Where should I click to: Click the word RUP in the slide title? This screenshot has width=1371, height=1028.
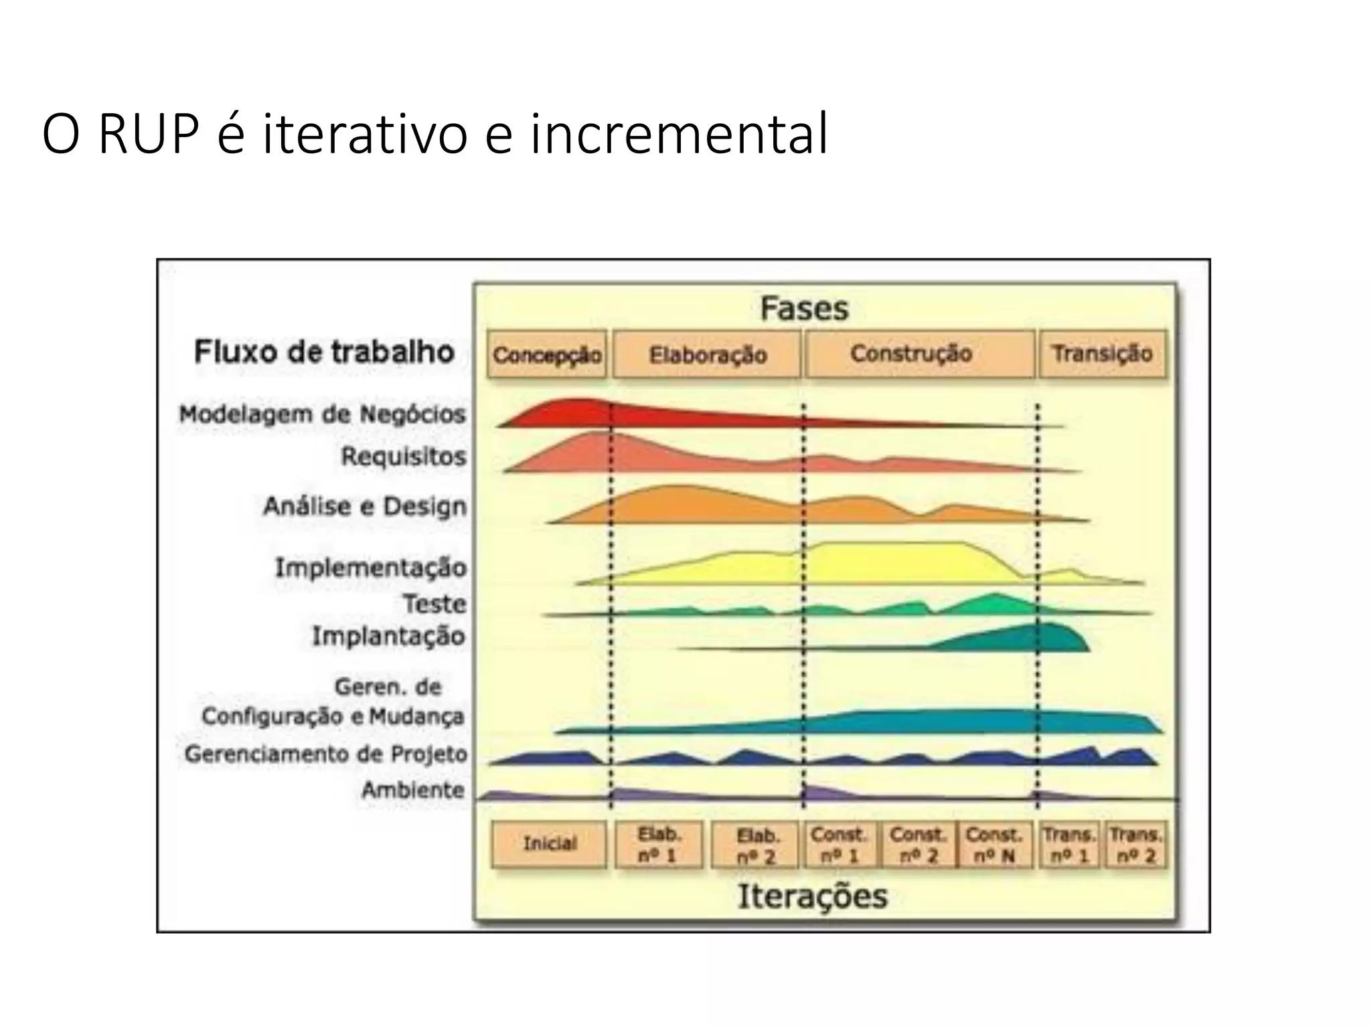[x=149, y=134]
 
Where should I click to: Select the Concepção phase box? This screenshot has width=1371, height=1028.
[x=546, y=355]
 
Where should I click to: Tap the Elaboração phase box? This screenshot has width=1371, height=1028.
[x=707, y=355]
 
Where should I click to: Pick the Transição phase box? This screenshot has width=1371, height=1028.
[x=1102, y=353]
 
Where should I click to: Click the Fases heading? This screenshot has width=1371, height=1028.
[x=804, y=309]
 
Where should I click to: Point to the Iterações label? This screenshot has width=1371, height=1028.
[x=813, y=896]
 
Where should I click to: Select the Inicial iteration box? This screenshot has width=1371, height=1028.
[x=549, y=843]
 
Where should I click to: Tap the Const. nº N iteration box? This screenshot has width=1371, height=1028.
[x=994, y=845]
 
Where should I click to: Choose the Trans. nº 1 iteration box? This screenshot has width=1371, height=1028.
[x=1069, y=845]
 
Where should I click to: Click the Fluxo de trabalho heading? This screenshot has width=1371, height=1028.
[x=324, y=351]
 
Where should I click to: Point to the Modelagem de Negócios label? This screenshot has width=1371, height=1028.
[x=322, y=414]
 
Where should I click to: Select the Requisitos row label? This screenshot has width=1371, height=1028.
[x=403, y=456]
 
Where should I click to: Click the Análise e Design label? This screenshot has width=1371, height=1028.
[x=365, y=506]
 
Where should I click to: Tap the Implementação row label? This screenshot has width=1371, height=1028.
[x=371, y=568]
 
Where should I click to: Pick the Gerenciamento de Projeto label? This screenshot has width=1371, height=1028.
[x=326, y=754]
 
